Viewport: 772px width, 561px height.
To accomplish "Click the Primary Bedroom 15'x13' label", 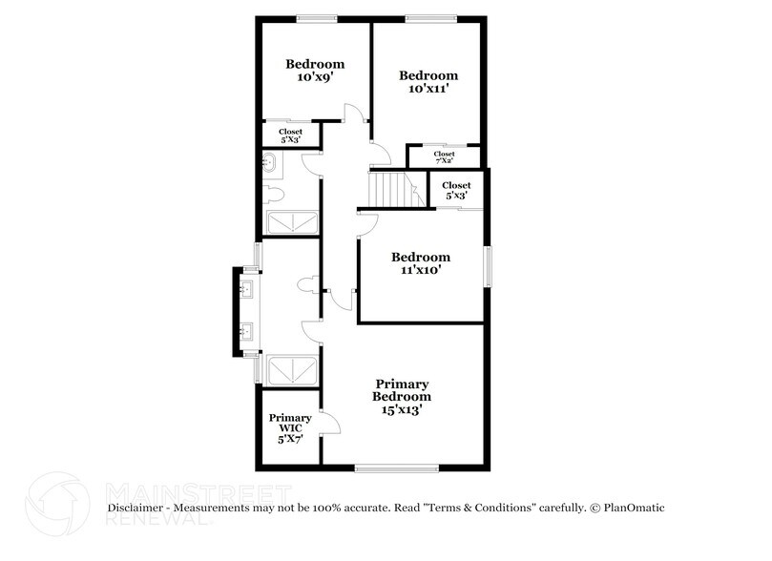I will [401, 396].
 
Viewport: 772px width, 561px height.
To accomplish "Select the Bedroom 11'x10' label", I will [421, 263].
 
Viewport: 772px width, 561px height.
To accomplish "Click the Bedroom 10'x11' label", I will [428, 81].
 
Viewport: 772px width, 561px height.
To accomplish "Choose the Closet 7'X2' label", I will [444, 157].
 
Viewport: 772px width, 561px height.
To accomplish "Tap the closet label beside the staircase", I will [456, 190].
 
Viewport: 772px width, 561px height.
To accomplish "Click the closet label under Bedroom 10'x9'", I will [290, 135].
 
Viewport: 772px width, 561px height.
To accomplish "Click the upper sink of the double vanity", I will [247, 288].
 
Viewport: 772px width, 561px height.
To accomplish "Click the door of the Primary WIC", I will [329, 423].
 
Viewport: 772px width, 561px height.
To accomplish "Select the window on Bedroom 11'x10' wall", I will [488, 266].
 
